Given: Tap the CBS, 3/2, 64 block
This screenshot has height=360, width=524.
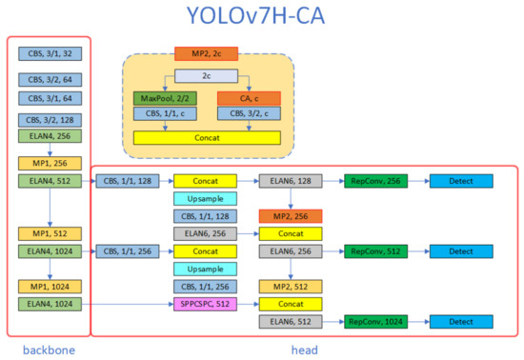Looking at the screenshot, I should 47,80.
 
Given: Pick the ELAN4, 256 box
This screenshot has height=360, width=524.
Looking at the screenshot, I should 47,136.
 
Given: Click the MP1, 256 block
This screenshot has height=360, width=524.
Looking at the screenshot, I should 47,162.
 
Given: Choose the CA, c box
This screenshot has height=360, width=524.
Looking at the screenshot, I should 248,97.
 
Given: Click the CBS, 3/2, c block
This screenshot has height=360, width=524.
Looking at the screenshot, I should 248,114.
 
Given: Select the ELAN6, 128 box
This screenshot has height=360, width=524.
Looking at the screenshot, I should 291,180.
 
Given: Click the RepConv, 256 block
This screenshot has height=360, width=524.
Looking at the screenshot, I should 375,180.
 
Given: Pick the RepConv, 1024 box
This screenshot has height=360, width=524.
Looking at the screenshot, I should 375,323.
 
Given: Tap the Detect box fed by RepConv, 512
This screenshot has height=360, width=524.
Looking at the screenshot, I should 461,251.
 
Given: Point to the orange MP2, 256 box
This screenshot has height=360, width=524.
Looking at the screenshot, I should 291,215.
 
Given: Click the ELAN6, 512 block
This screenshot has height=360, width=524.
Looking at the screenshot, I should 291,323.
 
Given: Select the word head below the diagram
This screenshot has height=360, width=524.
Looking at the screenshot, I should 304,350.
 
